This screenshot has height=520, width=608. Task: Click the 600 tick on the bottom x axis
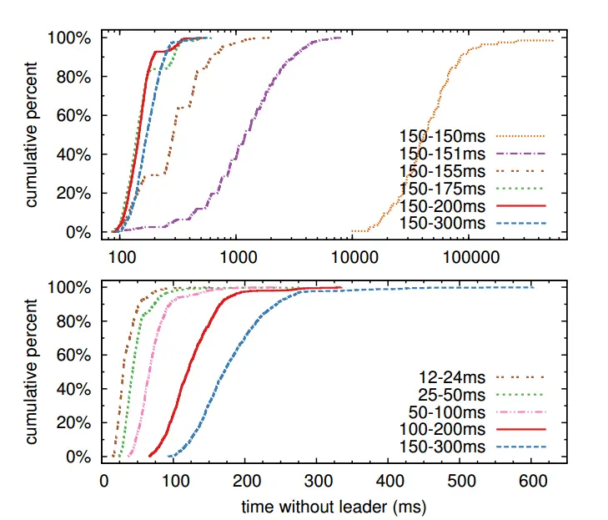[x=532, y=482]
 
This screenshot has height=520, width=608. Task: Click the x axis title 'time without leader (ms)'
[x=334, y=506]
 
